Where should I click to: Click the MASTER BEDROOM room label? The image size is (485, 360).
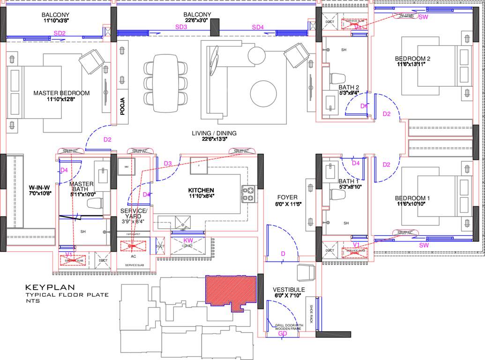tap(61, 93)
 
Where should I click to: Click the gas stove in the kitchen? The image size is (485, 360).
tap(248, 194)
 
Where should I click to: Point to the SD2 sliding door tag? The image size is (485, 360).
tap(60, 33)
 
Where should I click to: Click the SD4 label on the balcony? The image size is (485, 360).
tap(258, 28)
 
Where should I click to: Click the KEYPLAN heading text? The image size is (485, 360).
tap(43, 287)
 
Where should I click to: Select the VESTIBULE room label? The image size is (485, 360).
tap(289, 290)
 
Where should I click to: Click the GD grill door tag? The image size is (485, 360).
tap(283, 334)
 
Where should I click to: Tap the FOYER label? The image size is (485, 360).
tap(287, 197)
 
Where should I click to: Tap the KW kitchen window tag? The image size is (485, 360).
tap(188, 240)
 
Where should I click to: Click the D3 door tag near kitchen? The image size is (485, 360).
tap(168, 163)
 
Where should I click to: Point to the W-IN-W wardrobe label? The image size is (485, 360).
tap(39, 186)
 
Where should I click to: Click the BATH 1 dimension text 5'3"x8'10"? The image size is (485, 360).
tap(349, 187)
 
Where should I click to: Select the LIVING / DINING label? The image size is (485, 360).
tap(214, 133)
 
